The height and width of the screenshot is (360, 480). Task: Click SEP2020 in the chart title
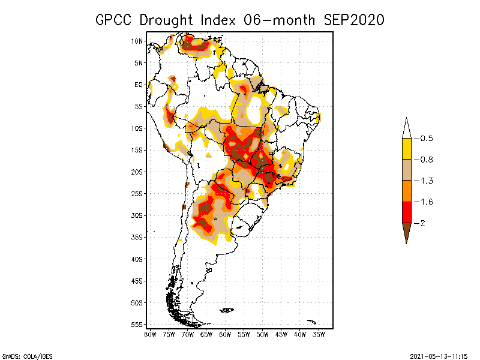[353, 20]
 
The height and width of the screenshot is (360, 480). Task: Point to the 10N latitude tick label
[137, 41]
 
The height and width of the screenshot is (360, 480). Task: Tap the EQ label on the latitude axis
[139, 85]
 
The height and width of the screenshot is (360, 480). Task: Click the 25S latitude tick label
[137, 193]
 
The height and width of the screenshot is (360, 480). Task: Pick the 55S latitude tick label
[137, 324]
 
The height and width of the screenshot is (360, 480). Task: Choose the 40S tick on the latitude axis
[137, 259]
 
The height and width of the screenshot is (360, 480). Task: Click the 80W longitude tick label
[150, 334]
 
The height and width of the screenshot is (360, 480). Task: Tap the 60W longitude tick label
[225, 334]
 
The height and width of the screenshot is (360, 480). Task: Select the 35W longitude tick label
[319, 334]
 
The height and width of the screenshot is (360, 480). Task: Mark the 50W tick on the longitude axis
[262, 334]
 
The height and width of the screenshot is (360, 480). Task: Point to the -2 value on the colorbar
[421, 223]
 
